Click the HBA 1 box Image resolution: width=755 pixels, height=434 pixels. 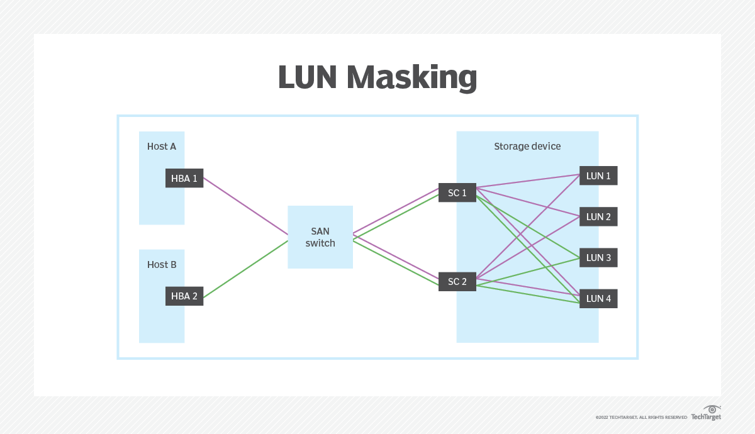184,178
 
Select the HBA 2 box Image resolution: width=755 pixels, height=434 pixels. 184,296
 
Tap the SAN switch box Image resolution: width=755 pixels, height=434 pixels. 320,237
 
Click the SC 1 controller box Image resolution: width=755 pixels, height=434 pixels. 457,193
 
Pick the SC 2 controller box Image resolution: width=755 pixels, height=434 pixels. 457,282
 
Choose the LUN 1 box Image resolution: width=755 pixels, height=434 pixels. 598,176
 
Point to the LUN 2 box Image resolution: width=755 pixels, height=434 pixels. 598,217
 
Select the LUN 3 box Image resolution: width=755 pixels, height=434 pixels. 598,258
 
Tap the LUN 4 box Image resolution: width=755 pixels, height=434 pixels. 598,299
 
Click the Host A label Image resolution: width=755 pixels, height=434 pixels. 162,147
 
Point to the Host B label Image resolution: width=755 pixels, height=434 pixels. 162,265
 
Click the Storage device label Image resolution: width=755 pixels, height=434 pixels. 527,147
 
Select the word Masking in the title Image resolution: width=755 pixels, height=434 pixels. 411,78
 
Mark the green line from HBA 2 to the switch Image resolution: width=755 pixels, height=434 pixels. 245,269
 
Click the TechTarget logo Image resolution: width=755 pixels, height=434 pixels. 706,413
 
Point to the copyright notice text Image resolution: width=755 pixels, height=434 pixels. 641,417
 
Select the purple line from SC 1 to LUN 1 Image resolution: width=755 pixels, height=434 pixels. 528,182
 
